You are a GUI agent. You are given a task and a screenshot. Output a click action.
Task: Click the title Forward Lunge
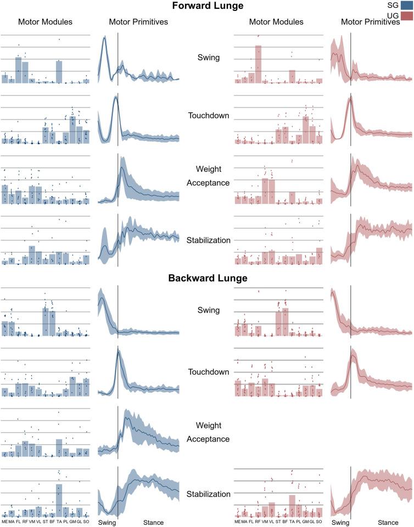click(207, 7)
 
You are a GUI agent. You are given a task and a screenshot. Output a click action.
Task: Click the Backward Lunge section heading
click(207, 278)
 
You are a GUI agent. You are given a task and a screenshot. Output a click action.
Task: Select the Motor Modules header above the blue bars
click(45, 22)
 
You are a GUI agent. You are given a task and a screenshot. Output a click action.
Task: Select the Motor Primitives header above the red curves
click(370, 22)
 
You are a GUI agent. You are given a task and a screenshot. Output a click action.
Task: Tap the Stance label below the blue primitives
click(153, 523)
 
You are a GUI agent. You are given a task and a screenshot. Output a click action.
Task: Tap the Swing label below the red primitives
click(340, 523)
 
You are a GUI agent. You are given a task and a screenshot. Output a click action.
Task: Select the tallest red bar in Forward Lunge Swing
click(258, 64)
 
